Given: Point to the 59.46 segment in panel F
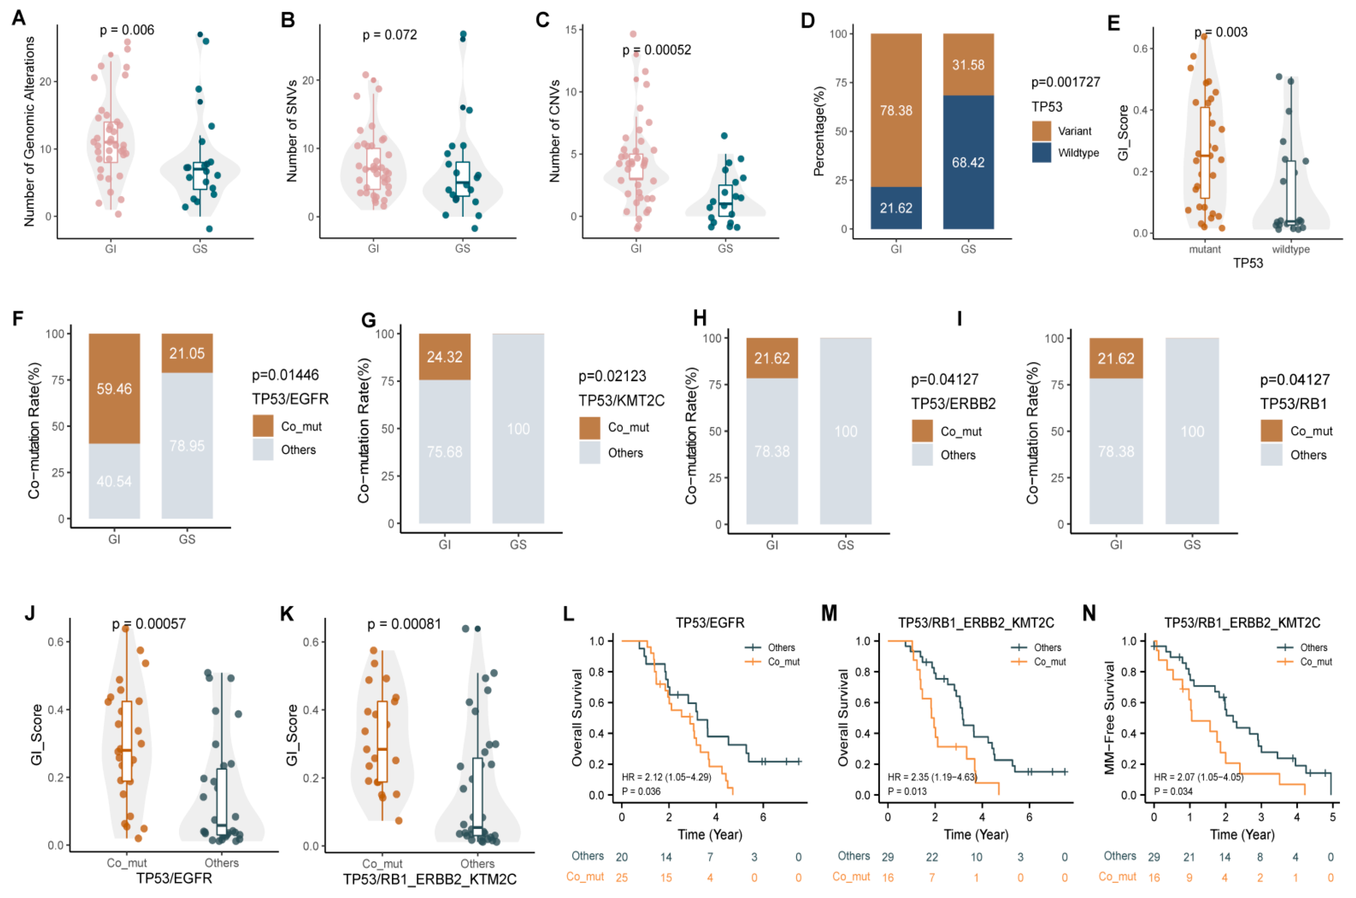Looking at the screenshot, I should (x=114, y=389).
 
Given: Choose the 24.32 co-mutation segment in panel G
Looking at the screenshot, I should (x=444, y=357).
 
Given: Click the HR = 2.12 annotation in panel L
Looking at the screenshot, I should (x=666, y=777).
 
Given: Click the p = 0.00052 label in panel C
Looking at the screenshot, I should (x=656, y=50).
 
